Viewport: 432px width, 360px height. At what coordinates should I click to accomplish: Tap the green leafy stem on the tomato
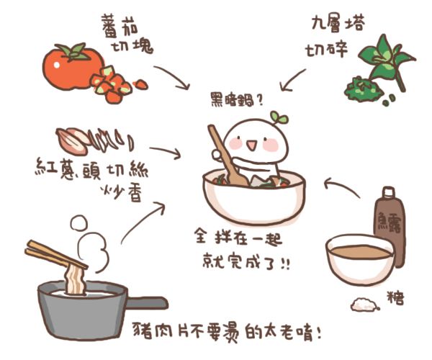[73, 51]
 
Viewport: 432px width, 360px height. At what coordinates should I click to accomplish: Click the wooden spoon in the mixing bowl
[224, 156]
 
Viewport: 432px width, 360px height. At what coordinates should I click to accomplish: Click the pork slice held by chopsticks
[74, 280]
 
